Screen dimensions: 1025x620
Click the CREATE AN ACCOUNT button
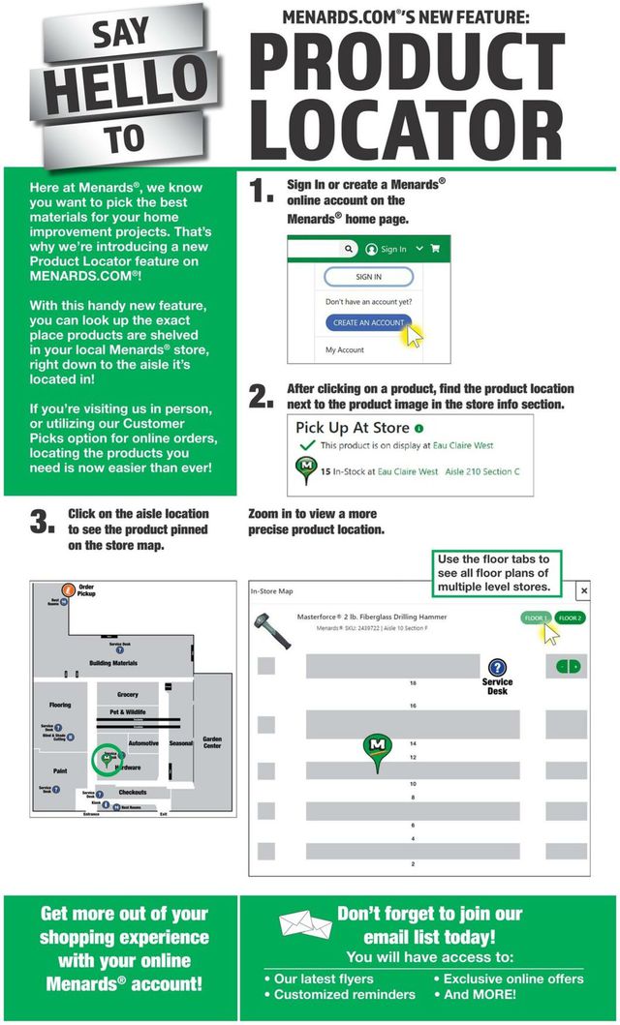click(368, 322)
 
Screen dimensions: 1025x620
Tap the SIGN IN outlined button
click(368, 277)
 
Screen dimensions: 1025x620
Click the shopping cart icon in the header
click(435, 249)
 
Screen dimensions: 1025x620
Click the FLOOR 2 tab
click(570, 618)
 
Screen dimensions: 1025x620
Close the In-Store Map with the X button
click(583, 589)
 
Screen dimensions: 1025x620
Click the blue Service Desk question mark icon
click(497, 667)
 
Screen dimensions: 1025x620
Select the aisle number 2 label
click(413, 863)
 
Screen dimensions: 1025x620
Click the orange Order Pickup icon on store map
click(68, 589)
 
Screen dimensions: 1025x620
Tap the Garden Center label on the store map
click(212, 743)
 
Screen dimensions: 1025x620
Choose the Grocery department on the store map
click(128, 695)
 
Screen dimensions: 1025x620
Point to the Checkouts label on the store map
click(132, 793)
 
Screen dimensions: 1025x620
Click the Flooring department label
click(60, 706)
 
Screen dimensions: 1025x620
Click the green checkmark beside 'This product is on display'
click(307, 445)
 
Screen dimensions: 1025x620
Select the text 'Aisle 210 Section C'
click(481, 471)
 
